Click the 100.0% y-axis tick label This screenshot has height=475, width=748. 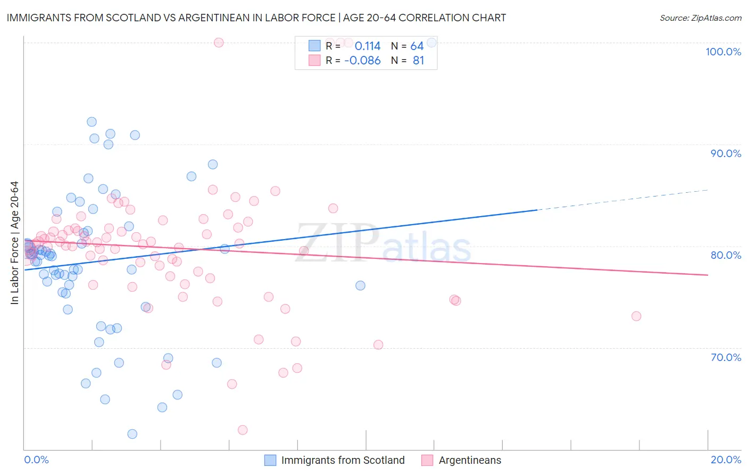tap(723, 52)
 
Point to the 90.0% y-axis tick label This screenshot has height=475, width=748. tap(726, 153)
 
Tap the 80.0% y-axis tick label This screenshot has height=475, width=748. tap(726, 255)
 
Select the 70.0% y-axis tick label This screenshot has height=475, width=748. tap(726, 357)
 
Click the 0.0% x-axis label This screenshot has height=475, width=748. tap(36, 460)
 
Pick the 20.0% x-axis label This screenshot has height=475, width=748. tap(726, 460)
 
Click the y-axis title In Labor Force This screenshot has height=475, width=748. tap(14, 243)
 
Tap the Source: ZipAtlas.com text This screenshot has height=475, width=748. tap(700, 18)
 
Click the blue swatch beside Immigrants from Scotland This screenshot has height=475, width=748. tap(270, 460)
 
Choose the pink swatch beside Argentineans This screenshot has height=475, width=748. tap(427, 460)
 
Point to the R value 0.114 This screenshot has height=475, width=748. tap(368, 46)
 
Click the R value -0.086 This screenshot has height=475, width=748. tap(362, 61)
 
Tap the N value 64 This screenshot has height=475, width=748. tap(417, 46)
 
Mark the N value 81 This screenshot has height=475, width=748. tap(418, 61)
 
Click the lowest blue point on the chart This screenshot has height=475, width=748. tap(132, 434)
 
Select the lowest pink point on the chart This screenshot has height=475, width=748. tap(243, 430)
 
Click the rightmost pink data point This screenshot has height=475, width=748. tap(636, 316)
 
